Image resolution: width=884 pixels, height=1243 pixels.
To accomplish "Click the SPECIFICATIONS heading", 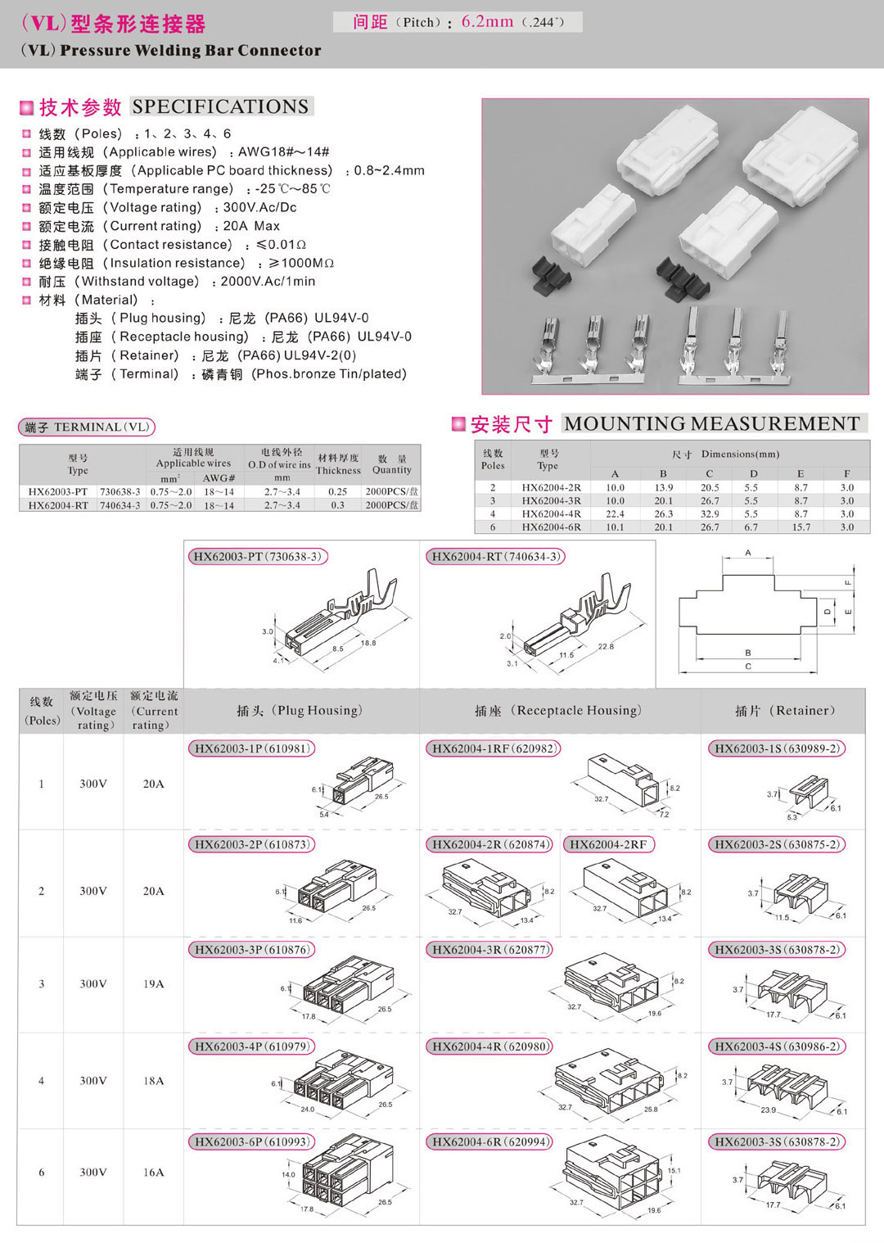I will point(220,106).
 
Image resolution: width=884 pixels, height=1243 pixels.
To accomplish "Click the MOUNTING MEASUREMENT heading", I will point(711,423).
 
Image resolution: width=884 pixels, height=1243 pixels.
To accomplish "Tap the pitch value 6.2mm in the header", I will point(487,22).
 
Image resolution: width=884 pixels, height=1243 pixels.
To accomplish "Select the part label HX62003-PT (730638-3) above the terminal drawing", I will point(257,557).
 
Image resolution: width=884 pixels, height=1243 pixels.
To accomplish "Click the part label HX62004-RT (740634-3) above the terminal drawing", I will point(495,557).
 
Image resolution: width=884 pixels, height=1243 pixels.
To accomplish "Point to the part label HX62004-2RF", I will point(608,844).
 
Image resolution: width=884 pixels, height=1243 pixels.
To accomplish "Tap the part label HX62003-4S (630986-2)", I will point(777,1046).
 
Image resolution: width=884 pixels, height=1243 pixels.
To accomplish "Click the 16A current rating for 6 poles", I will point(154,1173).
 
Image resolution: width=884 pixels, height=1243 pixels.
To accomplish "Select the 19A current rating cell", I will point(154,984).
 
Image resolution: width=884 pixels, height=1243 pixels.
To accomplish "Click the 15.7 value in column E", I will point(801,527).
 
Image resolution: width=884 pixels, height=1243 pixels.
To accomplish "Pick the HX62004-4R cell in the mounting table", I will point(551,514).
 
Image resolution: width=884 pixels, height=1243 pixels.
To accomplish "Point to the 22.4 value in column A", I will point(615,514).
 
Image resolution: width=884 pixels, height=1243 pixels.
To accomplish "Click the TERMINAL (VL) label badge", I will point(86,427).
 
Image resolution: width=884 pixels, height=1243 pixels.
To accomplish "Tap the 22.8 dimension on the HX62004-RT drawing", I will point(605,647).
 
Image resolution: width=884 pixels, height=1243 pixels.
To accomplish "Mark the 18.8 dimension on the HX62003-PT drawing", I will point(368,644).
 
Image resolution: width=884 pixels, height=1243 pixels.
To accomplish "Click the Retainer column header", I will point(784,711).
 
